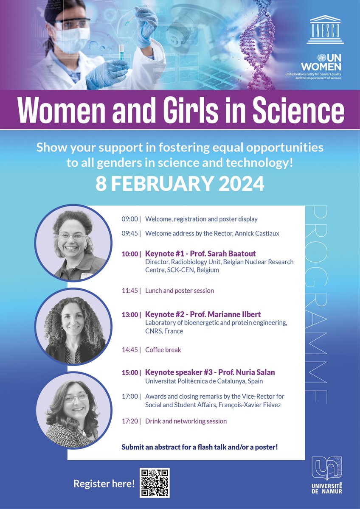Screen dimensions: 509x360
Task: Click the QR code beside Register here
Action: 155,483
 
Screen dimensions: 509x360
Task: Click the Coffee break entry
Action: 163,350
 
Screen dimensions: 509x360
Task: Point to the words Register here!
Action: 104,483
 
